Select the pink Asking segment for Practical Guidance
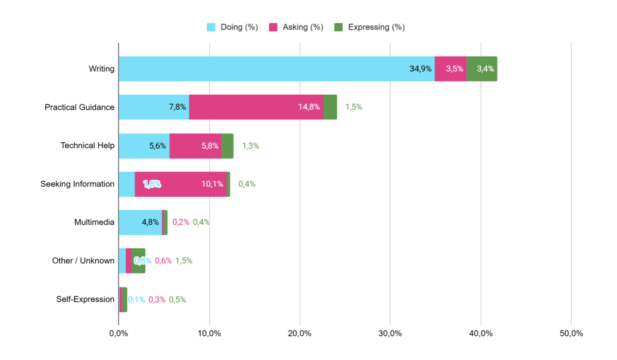click(x=256, y=107)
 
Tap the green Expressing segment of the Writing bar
click(x=482, y=69)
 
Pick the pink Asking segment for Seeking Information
click(x=180, y=184)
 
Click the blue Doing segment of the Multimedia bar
click(x=140, y=222)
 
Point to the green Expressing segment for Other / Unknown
click(x=138, y=261)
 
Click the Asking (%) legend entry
click(x=296, y=27)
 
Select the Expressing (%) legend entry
click(x=369, y=27)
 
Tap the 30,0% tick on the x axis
click(x=390, y=333)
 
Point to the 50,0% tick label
click(x=571, y=333)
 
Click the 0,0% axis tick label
click(x=118, y=333)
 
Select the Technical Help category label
click(x=87, y=145)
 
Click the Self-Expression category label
click(x=86, y=299)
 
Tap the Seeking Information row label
click(x=77, y=184)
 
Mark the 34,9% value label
click(x=421, y=69)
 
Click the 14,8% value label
click(x=309, y=107)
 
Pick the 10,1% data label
click(x=212, y=184)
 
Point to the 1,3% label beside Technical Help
click(x=251, y=145)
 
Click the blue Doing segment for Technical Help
click(x=143, y=145)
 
